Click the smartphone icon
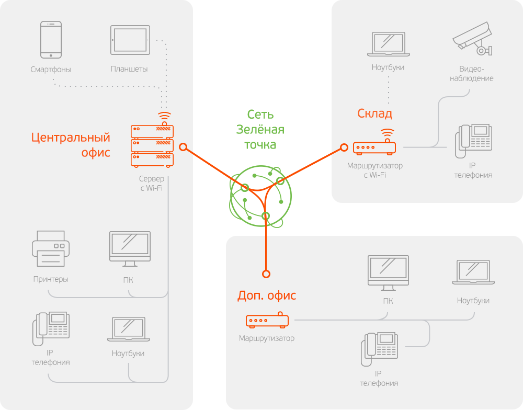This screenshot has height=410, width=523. pos(51,40)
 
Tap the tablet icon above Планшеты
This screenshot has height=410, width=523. pos(130,40)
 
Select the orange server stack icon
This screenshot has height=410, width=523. pos(152,145)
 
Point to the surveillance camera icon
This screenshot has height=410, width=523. pos(472,38)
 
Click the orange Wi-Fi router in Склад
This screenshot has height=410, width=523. pos(374,147)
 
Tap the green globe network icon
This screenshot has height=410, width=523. pos(261,196)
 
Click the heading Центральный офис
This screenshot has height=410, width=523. pos(71,145)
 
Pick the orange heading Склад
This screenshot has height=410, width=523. pos(374,113)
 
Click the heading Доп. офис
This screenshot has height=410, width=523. pos(267,295)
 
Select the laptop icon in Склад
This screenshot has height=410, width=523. pos(388,44)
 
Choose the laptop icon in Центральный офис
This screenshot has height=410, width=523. pos(128,331)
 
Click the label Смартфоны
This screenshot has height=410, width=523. pos(51,70)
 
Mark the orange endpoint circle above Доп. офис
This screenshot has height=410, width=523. pos(266,274)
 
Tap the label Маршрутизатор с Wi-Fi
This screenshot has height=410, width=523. pos(375,170)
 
